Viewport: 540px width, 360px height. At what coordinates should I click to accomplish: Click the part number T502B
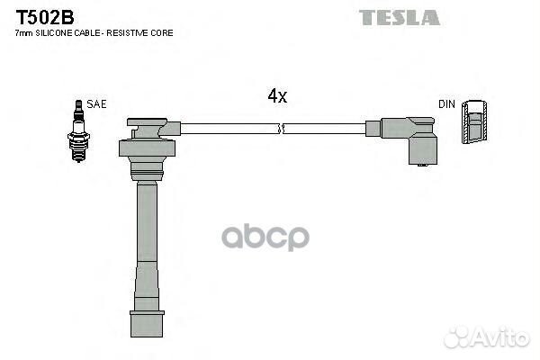pos(45,17)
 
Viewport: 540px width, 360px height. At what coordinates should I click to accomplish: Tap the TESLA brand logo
pos(400,18)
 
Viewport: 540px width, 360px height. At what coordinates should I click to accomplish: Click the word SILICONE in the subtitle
pos(54,33)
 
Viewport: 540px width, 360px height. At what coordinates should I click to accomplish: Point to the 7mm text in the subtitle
pos(24,33)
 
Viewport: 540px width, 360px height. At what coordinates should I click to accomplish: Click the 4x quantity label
pos(277,95)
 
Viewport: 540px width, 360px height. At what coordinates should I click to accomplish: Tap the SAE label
pos(96,104)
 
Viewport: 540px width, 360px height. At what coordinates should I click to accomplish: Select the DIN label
pos(446,104)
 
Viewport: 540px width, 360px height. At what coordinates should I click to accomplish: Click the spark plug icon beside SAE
pos(78,130)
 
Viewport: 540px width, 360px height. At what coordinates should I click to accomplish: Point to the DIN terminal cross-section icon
pos(474,121)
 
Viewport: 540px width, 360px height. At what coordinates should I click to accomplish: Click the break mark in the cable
pos(282,129)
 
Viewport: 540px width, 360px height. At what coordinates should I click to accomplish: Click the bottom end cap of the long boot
pos(147,324)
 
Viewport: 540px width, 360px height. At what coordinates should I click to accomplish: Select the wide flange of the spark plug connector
pos(147,148)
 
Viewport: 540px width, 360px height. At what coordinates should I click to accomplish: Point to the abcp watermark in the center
pos(265,237)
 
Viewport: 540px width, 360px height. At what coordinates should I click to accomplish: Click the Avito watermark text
pos(500,337)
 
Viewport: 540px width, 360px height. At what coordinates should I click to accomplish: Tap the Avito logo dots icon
pos(457,337)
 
